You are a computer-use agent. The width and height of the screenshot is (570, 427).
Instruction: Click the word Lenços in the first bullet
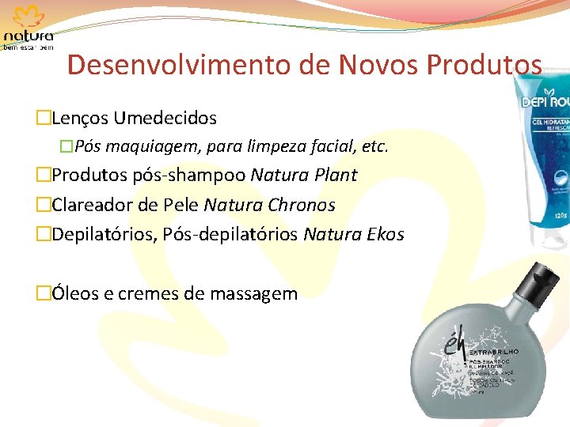coord(79,119)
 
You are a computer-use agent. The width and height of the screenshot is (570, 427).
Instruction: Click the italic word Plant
coord(334,175)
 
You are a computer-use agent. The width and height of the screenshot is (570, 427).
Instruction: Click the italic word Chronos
coord(301,206)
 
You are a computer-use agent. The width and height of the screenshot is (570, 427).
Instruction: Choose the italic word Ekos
coord(386,235)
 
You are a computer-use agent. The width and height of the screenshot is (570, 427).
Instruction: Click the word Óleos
coord(75,294)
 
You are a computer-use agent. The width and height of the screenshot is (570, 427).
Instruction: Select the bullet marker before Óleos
coord(43,294)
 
